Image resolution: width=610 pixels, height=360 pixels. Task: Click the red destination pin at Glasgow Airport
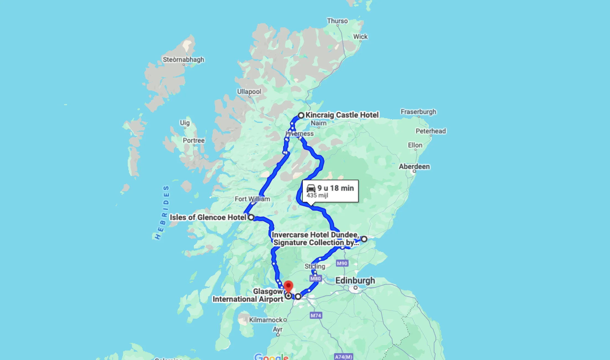point(288,287)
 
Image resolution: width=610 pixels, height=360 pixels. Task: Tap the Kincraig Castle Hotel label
point(342,115)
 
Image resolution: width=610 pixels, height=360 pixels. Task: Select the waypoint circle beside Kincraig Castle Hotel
point(301,115)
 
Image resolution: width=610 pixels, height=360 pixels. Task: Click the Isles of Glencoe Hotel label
point(208,217)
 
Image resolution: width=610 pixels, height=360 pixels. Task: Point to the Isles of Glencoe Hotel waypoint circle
point(251,217)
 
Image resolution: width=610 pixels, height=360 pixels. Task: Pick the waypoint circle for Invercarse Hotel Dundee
point(364,239)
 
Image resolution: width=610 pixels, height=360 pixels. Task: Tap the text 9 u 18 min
point(335,188)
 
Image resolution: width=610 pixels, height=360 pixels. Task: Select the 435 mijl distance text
point(317,195)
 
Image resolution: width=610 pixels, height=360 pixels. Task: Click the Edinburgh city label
point(355,280)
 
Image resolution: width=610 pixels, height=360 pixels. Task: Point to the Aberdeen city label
point(414,166)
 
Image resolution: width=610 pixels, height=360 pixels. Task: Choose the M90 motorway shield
point(342,263)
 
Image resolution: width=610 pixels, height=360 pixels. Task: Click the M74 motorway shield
point(316,315)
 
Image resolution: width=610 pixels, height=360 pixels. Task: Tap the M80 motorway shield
point(315,279)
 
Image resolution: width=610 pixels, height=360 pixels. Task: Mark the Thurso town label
point(337,21)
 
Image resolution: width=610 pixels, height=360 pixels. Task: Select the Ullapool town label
point(249,91)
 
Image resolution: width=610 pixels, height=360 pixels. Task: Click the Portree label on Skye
point(194,140)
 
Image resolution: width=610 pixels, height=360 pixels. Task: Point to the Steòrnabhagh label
point(183,60)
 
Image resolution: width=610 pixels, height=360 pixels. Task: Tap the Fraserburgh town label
point(418,112)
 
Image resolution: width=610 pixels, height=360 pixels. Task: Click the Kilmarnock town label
point(266,320)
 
